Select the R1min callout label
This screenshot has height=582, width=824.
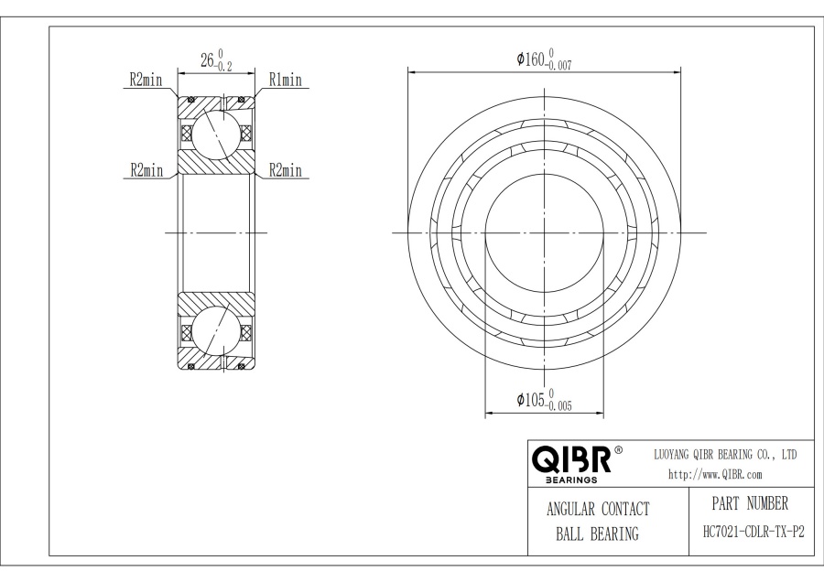[285, 81]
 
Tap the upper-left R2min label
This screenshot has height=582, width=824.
[144, 81]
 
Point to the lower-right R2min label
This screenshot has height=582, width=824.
[285, 170]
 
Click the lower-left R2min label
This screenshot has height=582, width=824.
[146, 170]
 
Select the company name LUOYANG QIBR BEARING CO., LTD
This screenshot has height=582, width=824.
[726, 454]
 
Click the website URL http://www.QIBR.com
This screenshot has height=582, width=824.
[715, 473]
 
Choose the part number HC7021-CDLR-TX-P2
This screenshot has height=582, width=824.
[748, 533]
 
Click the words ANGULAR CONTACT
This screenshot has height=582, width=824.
[597, 510]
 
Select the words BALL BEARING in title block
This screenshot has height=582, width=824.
[597, 534]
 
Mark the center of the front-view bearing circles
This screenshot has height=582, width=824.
[545, 232]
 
